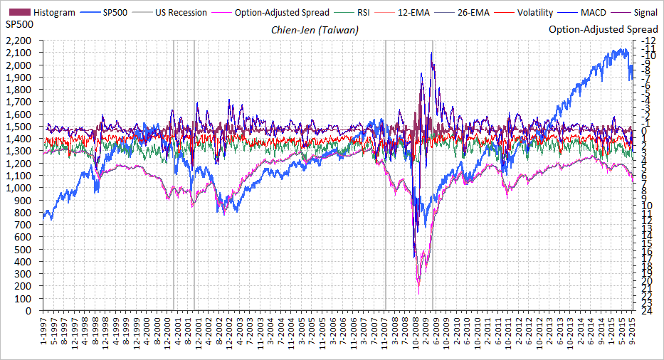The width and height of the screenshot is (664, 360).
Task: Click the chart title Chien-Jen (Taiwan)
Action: (x=315, y=30)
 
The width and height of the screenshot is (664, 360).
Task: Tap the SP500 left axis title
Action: (x=19, y=26)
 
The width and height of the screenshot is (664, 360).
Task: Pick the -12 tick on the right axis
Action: (x=648, y=41)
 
